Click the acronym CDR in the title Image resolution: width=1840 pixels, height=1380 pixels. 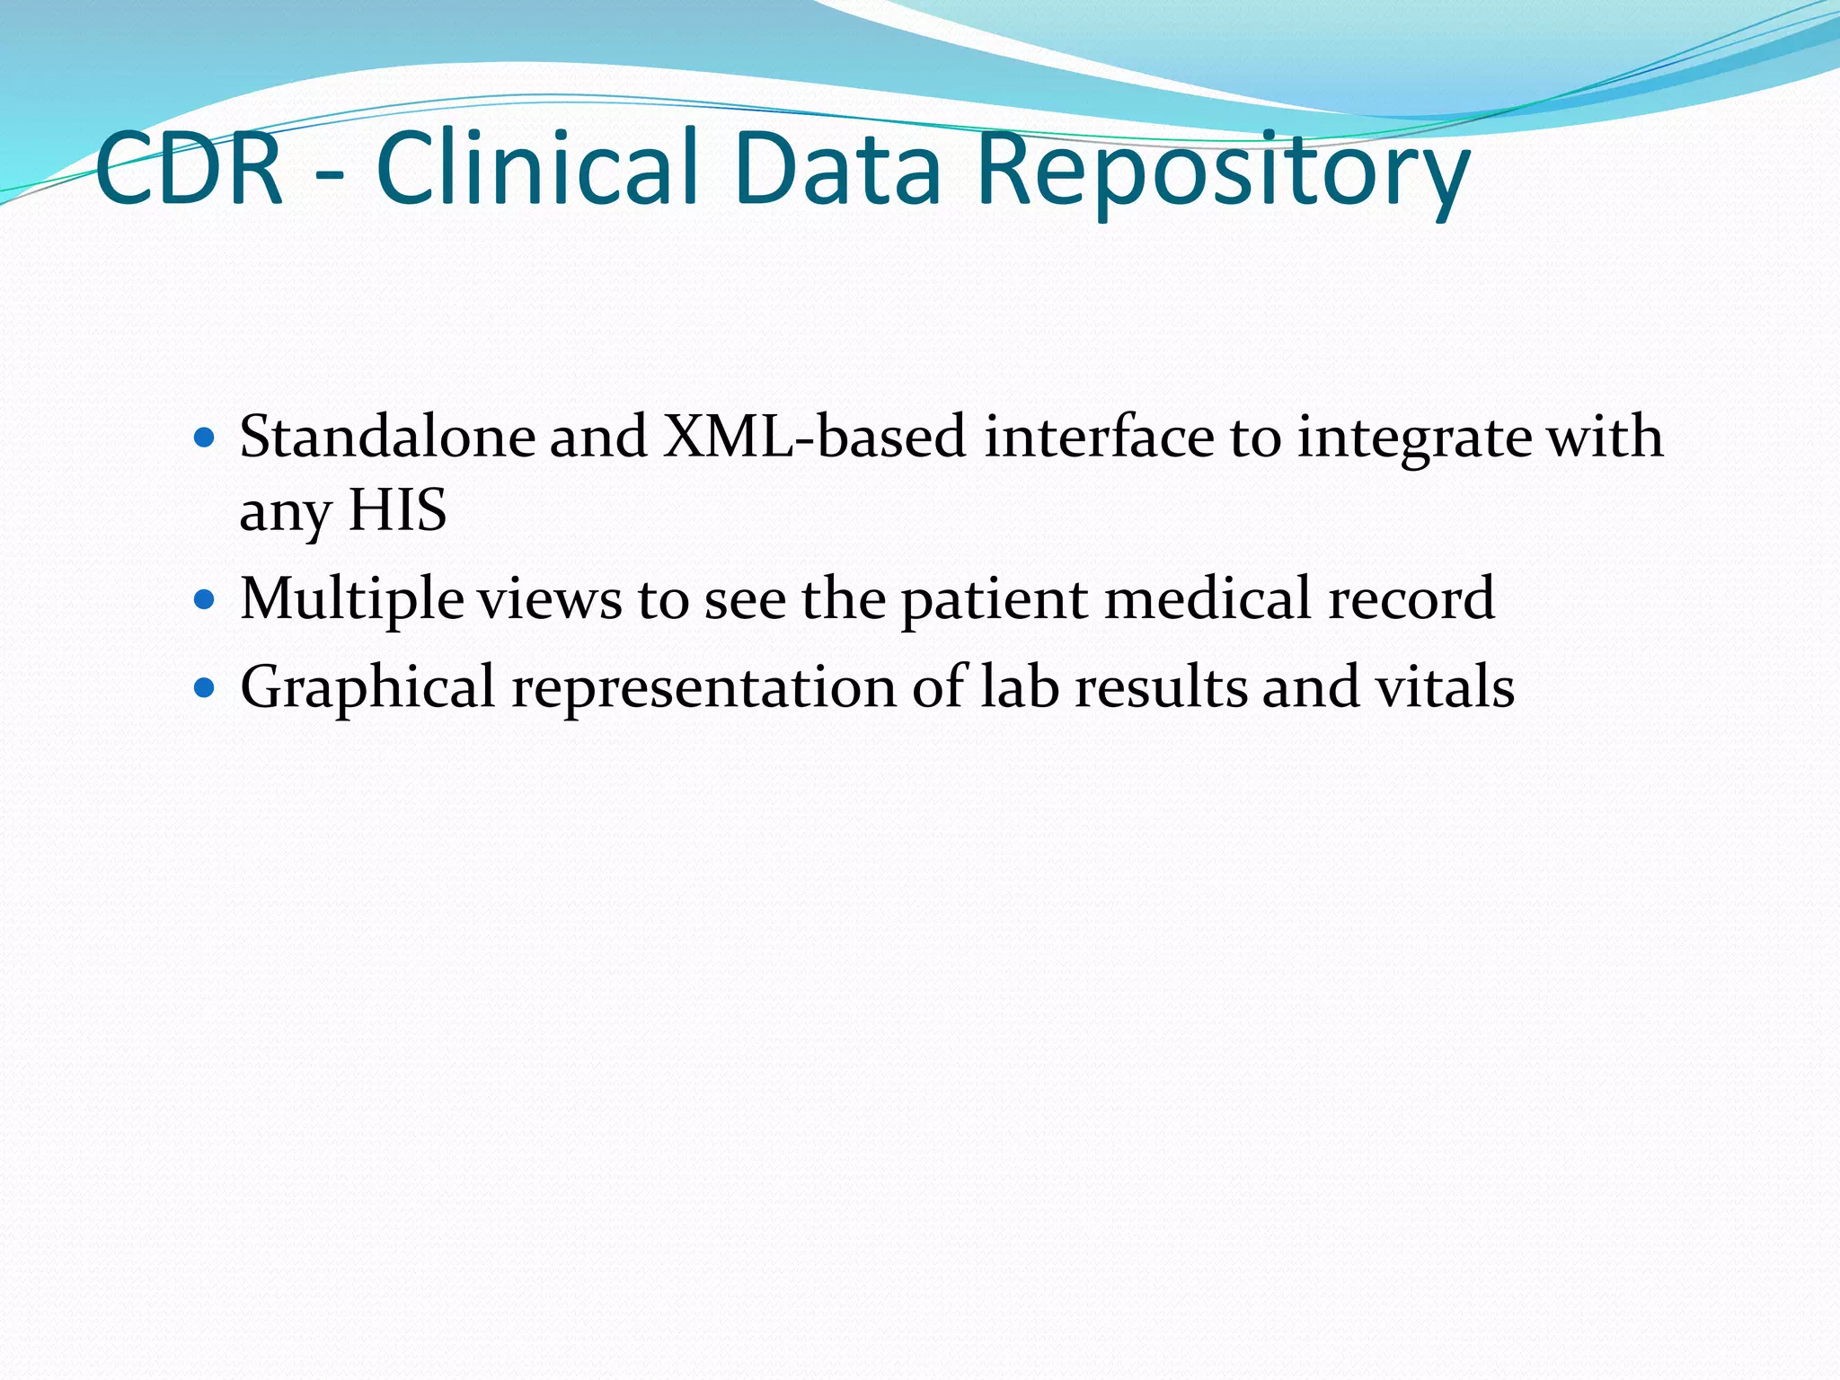pyautogui.click(x=189, y=169)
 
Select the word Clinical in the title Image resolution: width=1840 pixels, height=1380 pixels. pyautogui.click(x=536, y=169)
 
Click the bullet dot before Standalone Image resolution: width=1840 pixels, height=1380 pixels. pyautogui.click(x=205, y=438)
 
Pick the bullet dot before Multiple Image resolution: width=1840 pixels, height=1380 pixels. pyautogui.click(x=205, y=599)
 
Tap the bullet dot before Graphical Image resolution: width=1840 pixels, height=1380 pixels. pyautogui.click(x=205, y=688)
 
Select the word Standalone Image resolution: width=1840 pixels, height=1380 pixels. pyautogui.click(x=387, y=437)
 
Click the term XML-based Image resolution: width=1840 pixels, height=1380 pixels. pyautogui.click(x=814, y=437)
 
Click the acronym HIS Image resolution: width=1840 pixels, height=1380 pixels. pyautogui.click(x=397, y=510)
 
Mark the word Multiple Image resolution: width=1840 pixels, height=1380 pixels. pyautogui.click(x=351, y=599)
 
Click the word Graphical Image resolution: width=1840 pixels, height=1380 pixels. pyautogui.click(x=367, y=688)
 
